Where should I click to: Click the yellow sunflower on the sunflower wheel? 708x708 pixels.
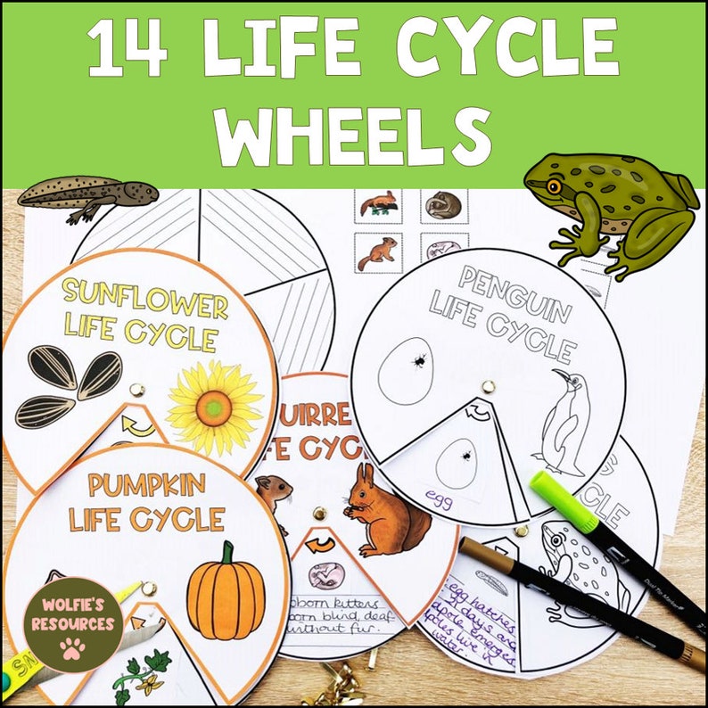[214, 408]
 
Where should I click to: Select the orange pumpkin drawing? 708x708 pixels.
[226, 592]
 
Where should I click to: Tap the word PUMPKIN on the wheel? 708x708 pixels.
[146, 486]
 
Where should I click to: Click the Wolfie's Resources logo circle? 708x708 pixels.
[73, 624]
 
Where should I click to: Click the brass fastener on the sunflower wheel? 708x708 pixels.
[137, 390]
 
